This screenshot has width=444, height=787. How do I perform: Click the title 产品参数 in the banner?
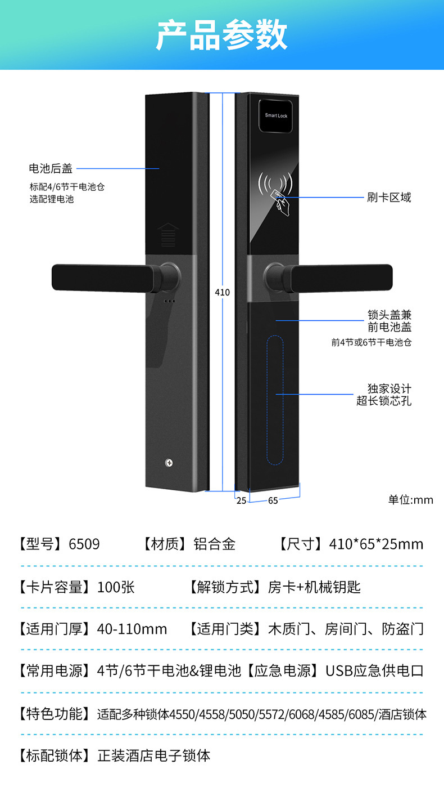[221, 35]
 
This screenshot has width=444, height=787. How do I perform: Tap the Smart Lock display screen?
[276, 115]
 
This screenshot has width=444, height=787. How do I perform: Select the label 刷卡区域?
[389, 198]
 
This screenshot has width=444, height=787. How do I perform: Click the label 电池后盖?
[51, 168]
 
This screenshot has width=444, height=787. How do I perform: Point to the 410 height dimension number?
[223, 293]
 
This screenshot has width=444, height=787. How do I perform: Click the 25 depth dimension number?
[241, 500]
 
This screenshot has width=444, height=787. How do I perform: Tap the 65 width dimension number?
[273, 500]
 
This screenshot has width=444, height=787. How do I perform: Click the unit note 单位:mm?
[411, 500]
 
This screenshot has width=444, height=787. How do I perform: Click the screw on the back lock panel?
[169, 463]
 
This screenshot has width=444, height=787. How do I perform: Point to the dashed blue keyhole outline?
[275, 400]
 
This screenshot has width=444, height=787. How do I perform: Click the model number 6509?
[84, 544]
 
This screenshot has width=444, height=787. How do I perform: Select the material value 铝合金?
[214, 544]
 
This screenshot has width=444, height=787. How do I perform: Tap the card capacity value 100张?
[116, 587]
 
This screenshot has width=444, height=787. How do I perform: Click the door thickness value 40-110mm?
[132, 629]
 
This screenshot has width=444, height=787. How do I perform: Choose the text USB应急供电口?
[374, 671]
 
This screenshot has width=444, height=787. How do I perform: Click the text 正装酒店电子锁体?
[154, 755]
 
